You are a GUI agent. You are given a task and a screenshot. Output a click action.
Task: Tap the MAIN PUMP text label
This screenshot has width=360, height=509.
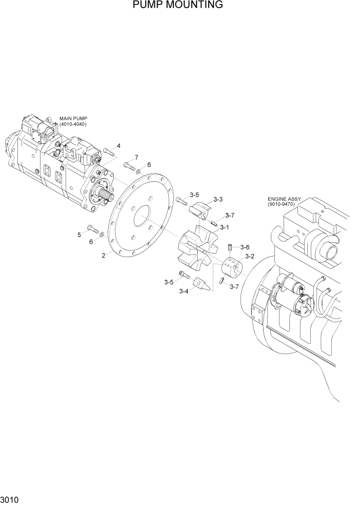click(x=73, y=119)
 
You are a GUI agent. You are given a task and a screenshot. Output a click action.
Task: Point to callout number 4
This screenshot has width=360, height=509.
click(x=118, y=146)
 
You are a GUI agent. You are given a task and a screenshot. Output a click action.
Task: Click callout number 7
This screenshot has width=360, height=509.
click(x=136, y=157)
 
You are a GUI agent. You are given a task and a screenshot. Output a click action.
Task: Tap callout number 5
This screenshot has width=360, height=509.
click(x=79, y=234)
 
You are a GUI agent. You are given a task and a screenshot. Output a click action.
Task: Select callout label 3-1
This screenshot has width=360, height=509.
click(x=224, y=227)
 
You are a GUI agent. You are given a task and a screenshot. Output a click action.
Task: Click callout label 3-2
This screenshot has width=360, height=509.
click(x=250, y=256)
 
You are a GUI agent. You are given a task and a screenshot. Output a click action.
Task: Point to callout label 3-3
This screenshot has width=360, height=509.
click(x=218, y=199)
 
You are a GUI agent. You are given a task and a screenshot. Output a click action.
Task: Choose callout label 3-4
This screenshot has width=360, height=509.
click(x=183, y=291)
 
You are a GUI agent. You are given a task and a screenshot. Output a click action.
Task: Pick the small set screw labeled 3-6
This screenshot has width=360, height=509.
click(x=231, y=248)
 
